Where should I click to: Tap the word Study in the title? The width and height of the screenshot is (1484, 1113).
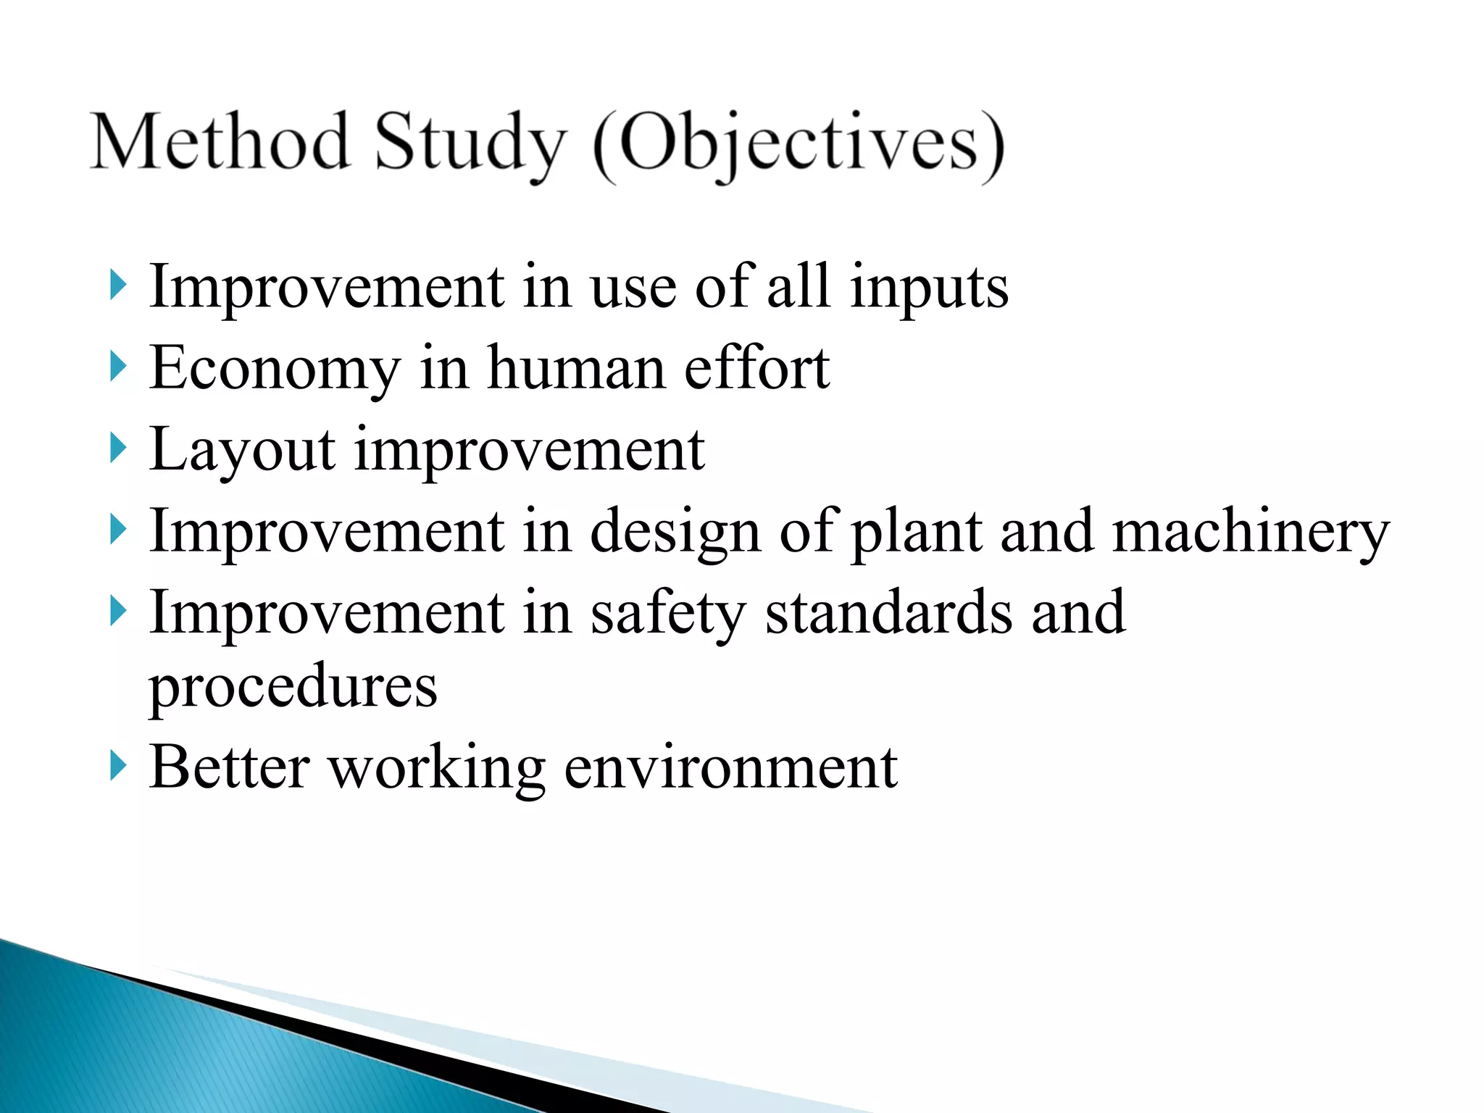point(470,143)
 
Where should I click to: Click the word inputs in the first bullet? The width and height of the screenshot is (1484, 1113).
point(929,289)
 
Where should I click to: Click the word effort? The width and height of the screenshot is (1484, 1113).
point(756,368)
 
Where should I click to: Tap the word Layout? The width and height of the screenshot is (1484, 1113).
point(242,451)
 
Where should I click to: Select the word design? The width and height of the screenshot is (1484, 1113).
point(675,533)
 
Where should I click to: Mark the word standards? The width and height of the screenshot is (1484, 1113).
point(888,613)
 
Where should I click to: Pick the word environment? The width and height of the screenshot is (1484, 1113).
point(730,768)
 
